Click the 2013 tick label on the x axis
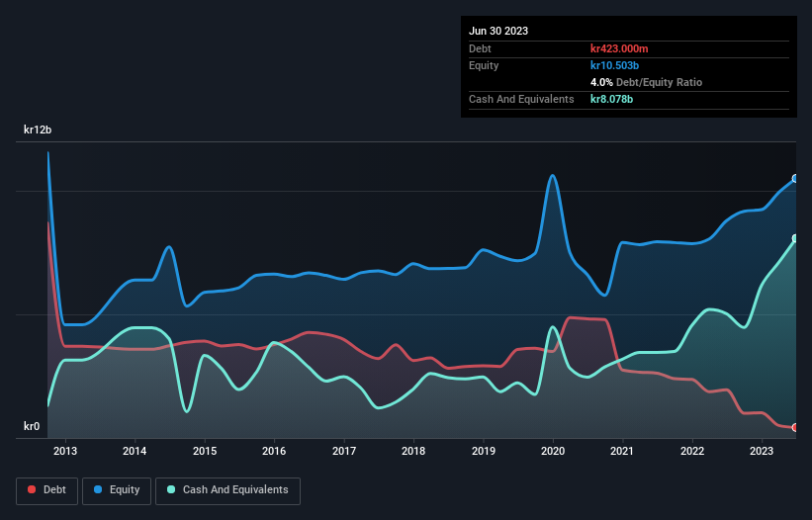tap(65, 452)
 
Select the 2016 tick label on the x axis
tap(274, 452)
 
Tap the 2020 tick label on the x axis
tap(553, 452)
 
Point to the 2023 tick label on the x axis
tap(762, 452)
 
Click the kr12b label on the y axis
tap(38, 130)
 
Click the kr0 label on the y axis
tap(32, 427)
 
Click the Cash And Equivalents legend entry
tap(227, 489)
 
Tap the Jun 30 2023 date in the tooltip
tap(498, 31)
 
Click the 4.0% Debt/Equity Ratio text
tap(646, 82)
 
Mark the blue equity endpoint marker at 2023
tap(795, 179)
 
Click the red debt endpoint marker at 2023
tap(795, 427)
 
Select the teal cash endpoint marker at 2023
tap(795, 238)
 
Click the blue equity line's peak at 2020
tap(552, 176)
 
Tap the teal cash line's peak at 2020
tap(551, 327)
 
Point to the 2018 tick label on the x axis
tap(413, 452)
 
